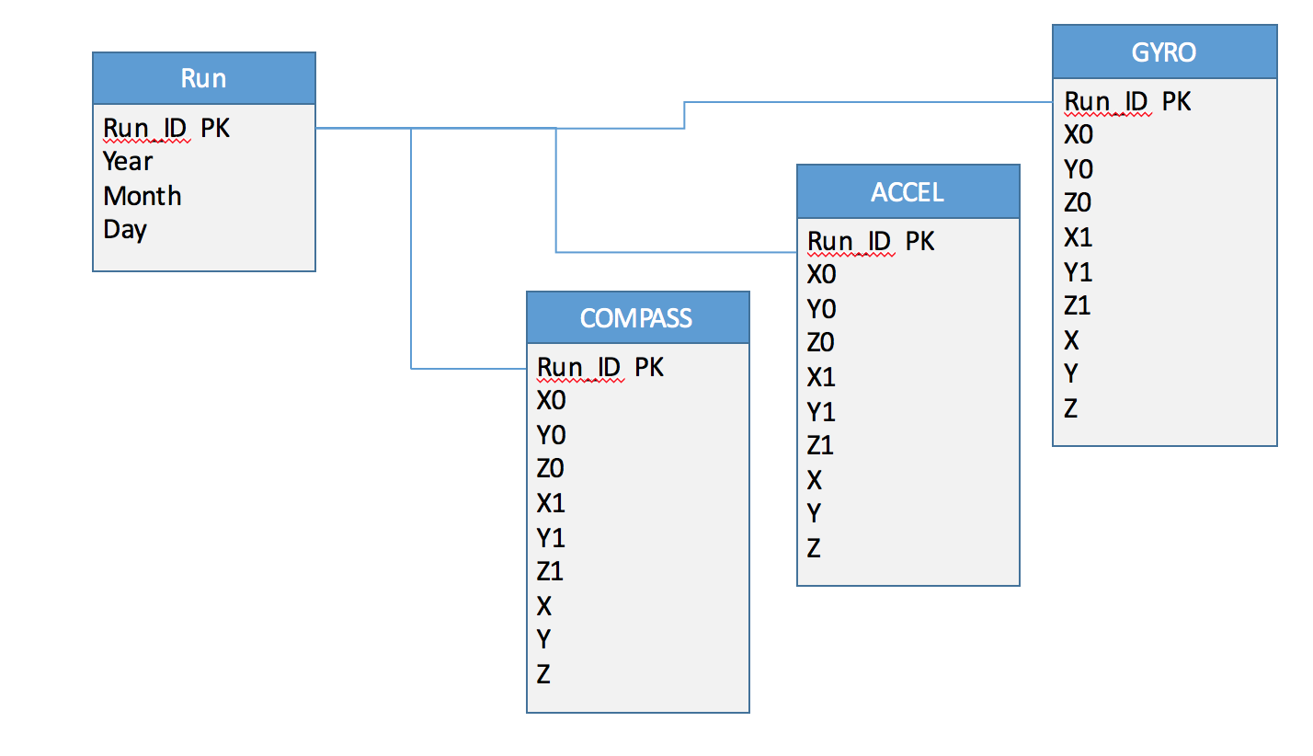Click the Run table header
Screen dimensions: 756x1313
tap(203, 78)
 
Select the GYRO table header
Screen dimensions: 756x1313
tap(1164, 52)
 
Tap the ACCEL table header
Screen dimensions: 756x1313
tap(908, 192)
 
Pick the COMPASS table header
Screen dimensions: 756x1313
tap(636, 318)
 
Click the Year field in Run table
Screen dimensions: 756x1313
tap(128, 162)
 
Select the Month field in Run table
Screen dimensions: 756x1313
tap(143, 196)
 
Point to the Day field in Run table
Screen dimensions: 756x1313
tap(125, 229)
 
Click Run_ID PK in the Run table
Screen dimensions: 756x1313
tap(166, 129)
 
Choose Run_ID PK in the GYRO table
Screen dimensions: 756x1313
tap(1127, 101)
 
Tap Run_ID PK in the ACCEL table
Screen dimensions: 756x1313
tap(871, 241)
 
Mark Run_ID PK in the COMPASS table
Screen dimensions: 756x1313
tap(600, 367)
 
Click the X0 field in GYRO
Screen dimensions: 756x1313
tap(1079, 135)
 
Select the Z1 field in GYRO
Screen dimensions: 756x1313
tap(1078, 305)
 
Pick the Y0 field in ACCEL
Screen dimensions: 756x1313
tap(821, 309)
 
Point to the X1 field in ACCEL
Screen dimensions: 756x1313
tap(821, 377)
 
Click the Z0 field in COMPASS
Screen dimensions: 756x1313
tap(551, 469)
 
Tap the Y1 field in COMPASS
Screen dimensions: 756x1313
tap(551, 537)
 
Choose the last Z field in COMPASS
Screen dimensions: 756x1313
tap(543, 674)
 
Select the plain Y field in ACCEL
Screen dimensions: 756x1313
tap(814, 513)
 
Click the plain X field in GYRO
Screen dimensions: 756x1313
tap(1071, 340)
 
